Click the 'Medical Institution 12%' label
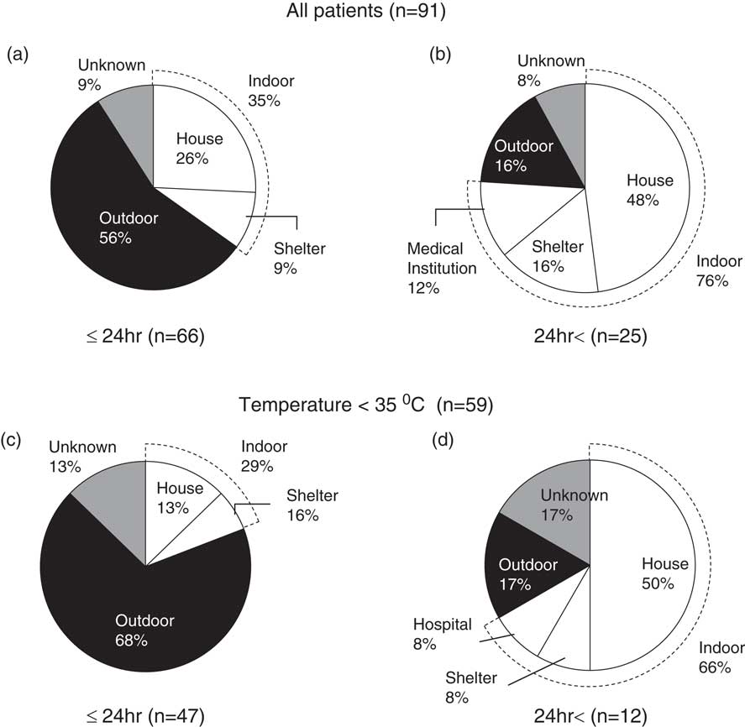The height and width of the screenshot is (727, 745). (x=442, y=268)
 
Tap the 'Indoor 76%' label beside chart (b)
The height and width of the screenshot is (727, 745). (x=719, y=271)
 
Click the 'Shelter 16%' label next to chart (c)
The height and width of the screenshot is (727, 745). (x=312, y=505)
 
